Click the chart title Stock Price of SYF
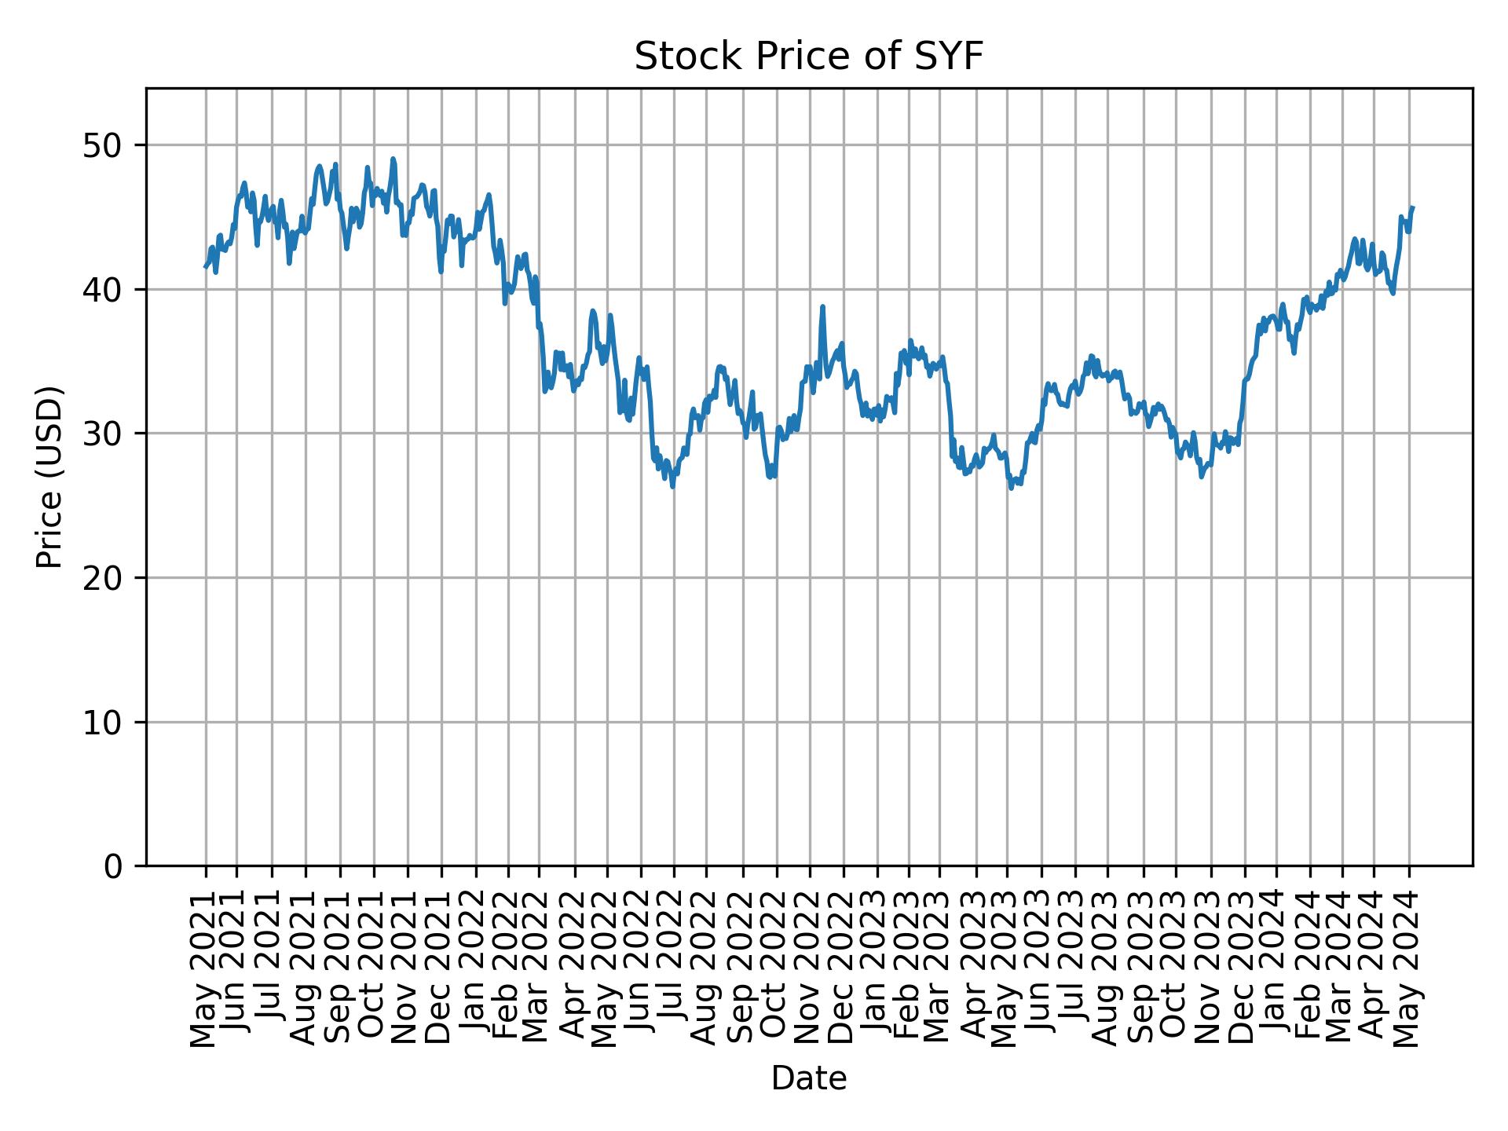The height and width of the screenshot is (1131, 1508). [808, 57]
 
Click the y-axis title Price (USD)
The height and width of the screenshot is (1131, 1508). [49, 477]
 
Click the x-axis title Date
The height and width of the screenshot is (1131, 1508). [808, 1078]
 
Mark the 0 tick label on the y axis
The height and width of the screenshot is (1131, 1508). [113, 866]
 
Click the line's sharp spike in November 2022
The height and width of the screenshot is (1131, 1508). [822, 307]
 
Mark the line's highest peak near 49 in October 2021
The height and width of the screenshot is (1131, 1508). [393, 159]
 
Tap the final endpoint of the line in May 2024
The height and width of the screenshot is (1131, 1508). [1412, 208]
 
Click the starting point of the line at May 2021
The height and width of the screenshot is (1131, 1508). [206, 267]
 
